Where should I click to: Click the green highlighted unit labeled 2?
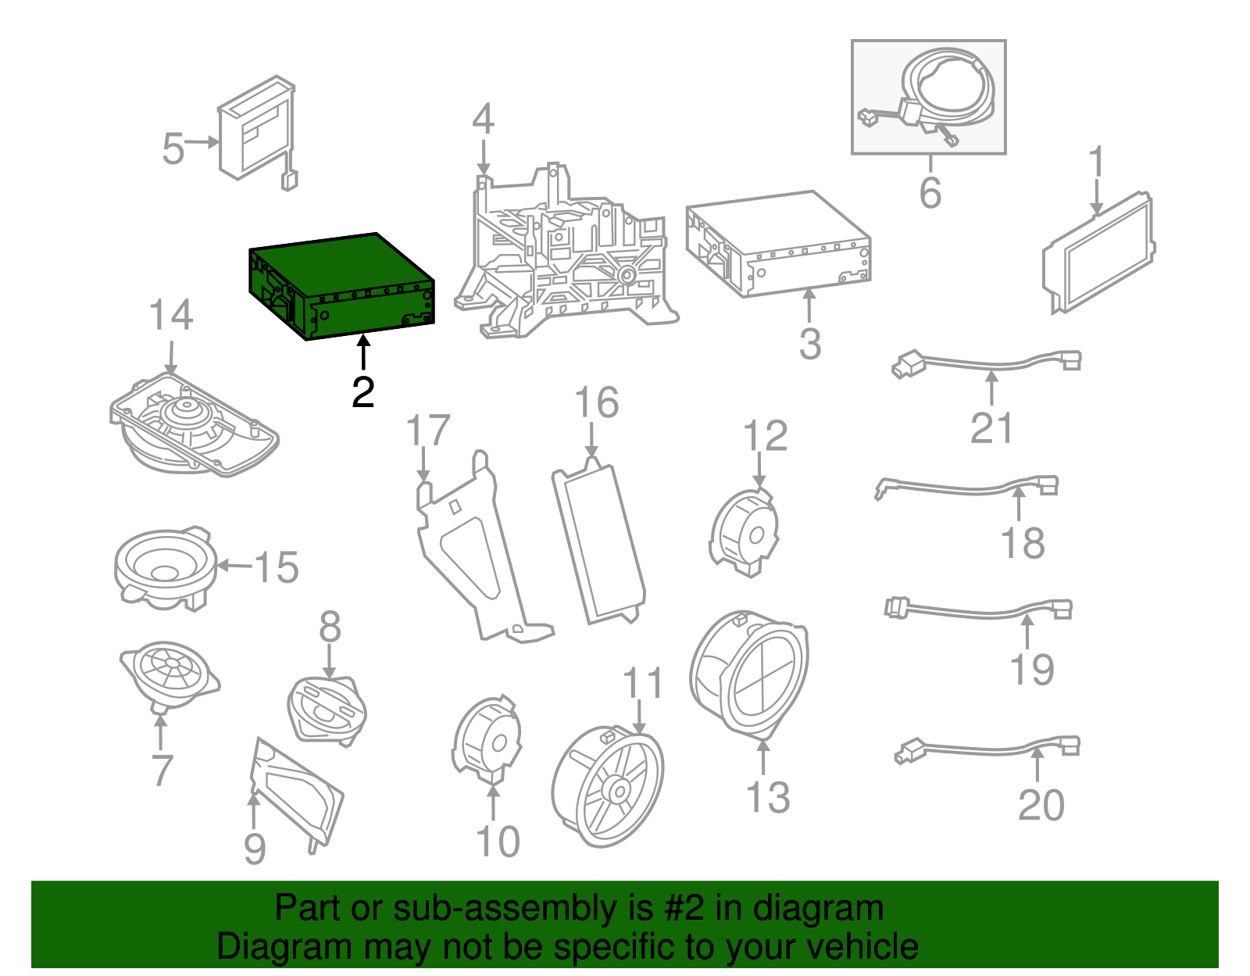pyautogui.click(x=341, y=287)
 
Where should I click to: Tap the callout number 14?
pyautogui.click(x=170, y=315)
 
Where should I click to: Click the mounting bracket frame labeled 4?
pyautogui.click(x=566, y=253)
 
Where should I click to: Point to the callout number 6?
pyautogui.click(x=930, y=193)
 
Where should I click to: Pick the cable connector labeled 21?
pyautogui.click(x=987, y=363)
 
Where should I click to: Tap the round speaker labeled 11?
pyautogui.click(x=608, y=786)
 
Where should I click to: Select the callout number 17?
pyautogui.click(x=427, y=431)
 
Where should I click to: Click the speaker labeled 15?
pyautogui.click(x=166, y=568)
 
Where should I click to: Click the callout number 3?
pyautogui.click(x=810, y=343)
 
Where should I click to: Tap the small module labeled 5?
pyautogui.click(x=257, y=132)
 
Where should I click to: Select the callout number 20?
pyautogui.click(x=1041, y=805)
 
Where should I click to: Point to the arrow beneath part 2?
pyautogui.click(x=363, y=352)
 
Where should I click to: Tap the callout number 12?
pyautogui.click(x=765, y=435)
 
